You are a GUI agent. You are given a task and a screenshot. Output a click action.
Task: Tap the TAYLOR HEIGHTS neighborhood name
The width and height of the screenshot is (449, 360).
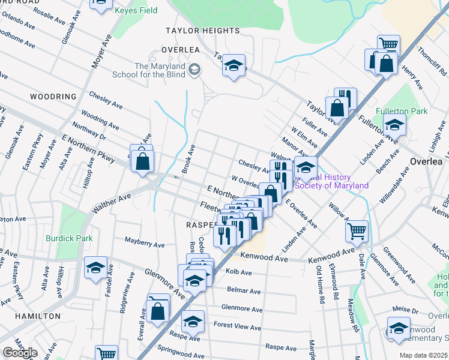(x=203, y=30)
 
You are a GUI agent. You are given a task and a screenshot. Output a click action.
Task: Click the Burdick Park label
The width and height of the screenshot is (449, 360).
(x=69, y=238)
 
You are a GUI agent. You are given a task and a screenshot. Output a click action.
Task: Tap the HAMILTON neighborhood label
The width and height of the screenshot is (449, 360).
(x=37, y=316)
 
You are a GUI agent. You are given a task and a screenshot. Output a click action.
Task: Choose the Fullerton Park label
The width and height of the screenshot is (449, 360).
(x=402, y=112)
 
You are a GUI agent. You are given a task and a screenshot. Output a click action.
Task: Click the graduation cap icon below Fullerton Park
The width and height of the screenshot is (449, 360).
(x=394, y=125)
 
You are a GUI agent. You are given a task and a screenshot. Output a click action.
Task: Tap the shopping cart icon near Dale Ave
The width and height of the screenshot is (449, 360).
(x=357, y=230)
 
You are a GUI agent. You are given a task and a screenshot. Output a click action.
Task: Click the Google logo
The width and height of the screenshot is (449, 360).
(x=20, y=353)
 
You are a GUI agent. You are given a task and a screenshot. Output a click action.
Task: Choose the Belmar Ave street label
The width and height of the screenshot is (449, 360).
(x=244, y=291)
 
